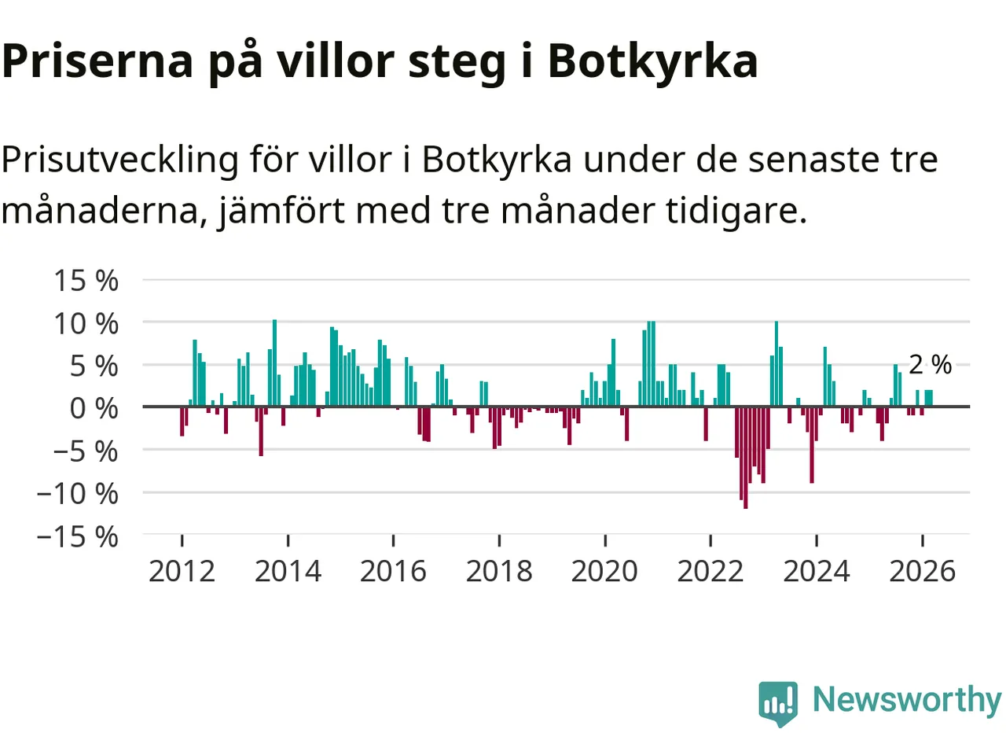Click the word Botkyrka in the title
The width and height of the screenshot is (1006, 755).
[652, 61]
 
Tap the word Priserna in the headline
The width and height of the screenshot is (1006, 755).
[97, 61]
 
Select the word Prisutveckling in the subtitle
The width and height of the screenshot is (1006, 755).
[119, 160]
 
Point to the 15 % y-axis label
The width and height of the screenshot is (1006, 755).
[86, 281]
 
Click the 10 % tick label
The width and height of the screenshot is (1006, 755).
[86, 323]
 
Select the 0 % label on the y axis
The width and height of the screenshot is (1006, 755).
[94, 408]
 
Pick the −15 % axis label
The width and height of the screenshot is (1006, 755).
[78, 536]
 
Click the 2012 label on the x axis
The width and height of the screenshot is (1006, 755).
[182, 571]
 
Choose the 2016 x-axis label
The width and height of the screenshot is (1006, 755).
[393, 571]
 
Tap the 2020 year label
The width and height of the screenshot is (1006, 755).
[604, 571]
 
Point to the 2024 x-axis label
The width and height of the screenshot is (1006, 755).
[817, 571]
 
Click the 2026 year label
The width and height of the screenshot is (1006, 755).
[922, 571]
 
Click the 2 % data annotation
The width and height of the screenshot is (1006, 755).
[930, 364]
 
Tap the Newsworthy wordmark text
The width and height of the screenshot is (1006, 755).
[906, 699]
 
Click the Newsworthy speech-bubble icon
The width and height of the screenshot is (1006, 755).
[778, 702]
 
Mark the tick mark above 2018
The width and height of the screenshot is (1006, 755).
[499, 540]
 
